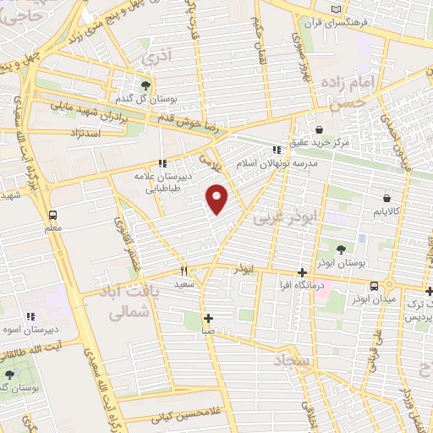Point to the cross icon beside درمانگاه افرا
click(x=303, y=272)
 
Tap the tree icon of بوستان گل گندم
click(x=146, y=85)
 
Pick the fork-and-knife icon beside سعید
click(x=184, y=271)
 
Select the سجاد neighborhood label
click(x=292, y=361)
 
